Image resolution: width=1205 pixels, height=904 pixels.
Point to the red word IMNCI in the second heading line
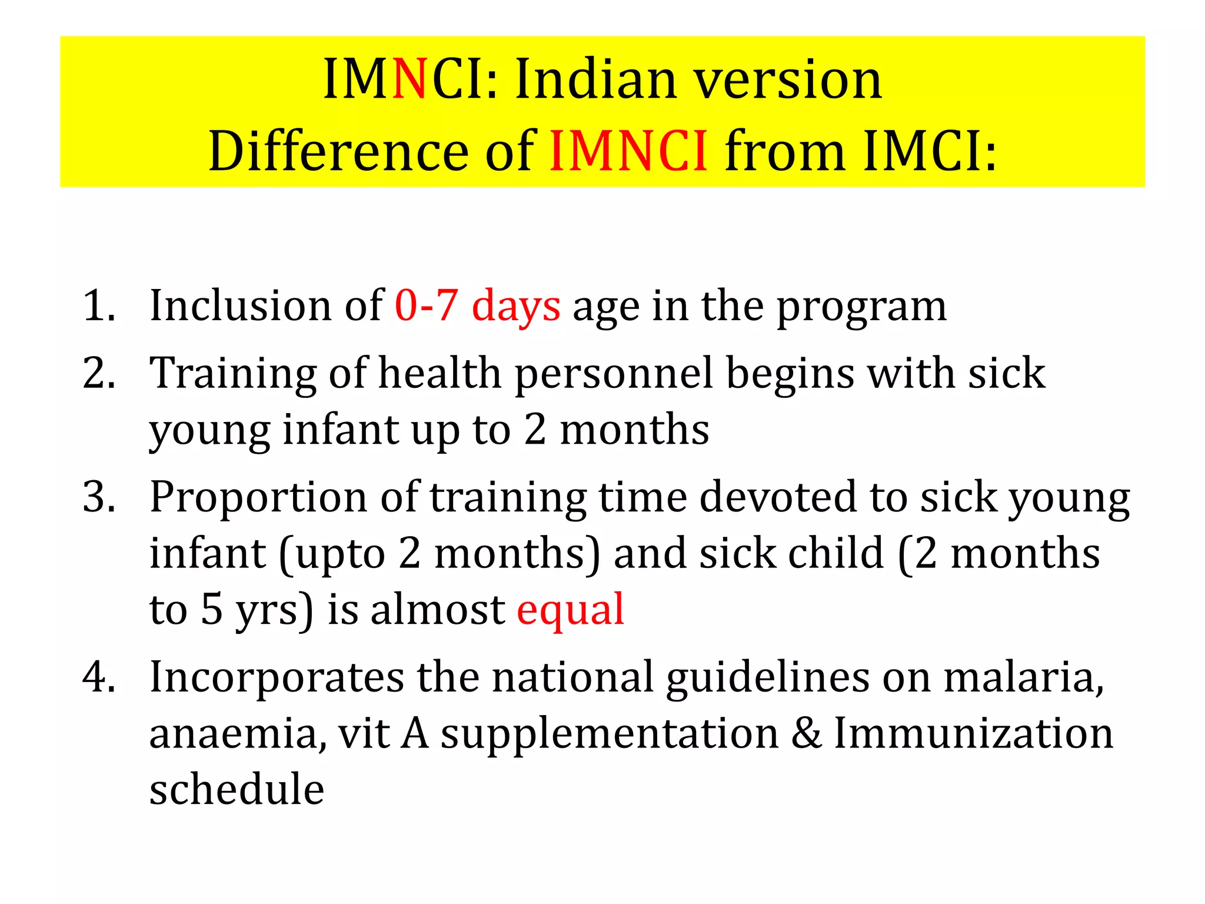click(628, 152)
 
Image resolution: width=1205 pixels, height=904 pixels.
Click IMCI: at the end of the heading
click(930, 152)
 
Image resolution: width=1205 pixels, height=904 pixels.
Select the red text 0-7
click(427, 305)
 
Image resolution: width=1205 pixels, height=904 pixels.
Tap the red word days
click(516, 307)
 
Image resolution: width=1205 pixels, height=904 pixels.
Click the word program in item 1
click(862, 307)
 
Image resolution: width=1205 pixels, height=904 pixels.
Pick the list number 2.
click(99, 373)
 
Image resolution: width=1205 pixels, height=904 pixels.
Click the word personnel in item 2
click(614, 374)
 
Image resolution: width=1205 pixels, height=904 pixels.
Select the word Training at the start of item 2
click(232, 374)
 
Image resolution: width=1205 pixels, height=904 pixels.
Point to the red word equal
click(570, 610)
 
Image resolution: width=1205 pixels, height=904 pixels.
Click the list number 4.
click(99, 677)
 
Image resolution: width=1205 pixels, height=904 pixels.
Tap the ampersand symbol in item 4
click(806, 733)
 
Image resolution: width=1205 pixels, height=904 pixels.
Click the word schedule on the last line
click(237, 789)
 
